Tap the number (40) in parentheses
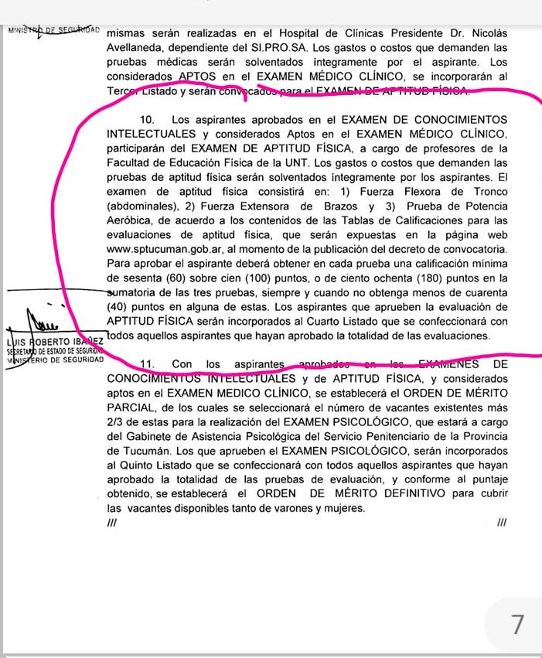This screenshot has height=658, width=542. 120,306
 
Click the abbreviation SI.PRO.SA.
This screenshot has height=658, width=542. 258,48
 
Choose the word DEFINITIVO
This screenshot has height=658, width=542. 412,493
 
